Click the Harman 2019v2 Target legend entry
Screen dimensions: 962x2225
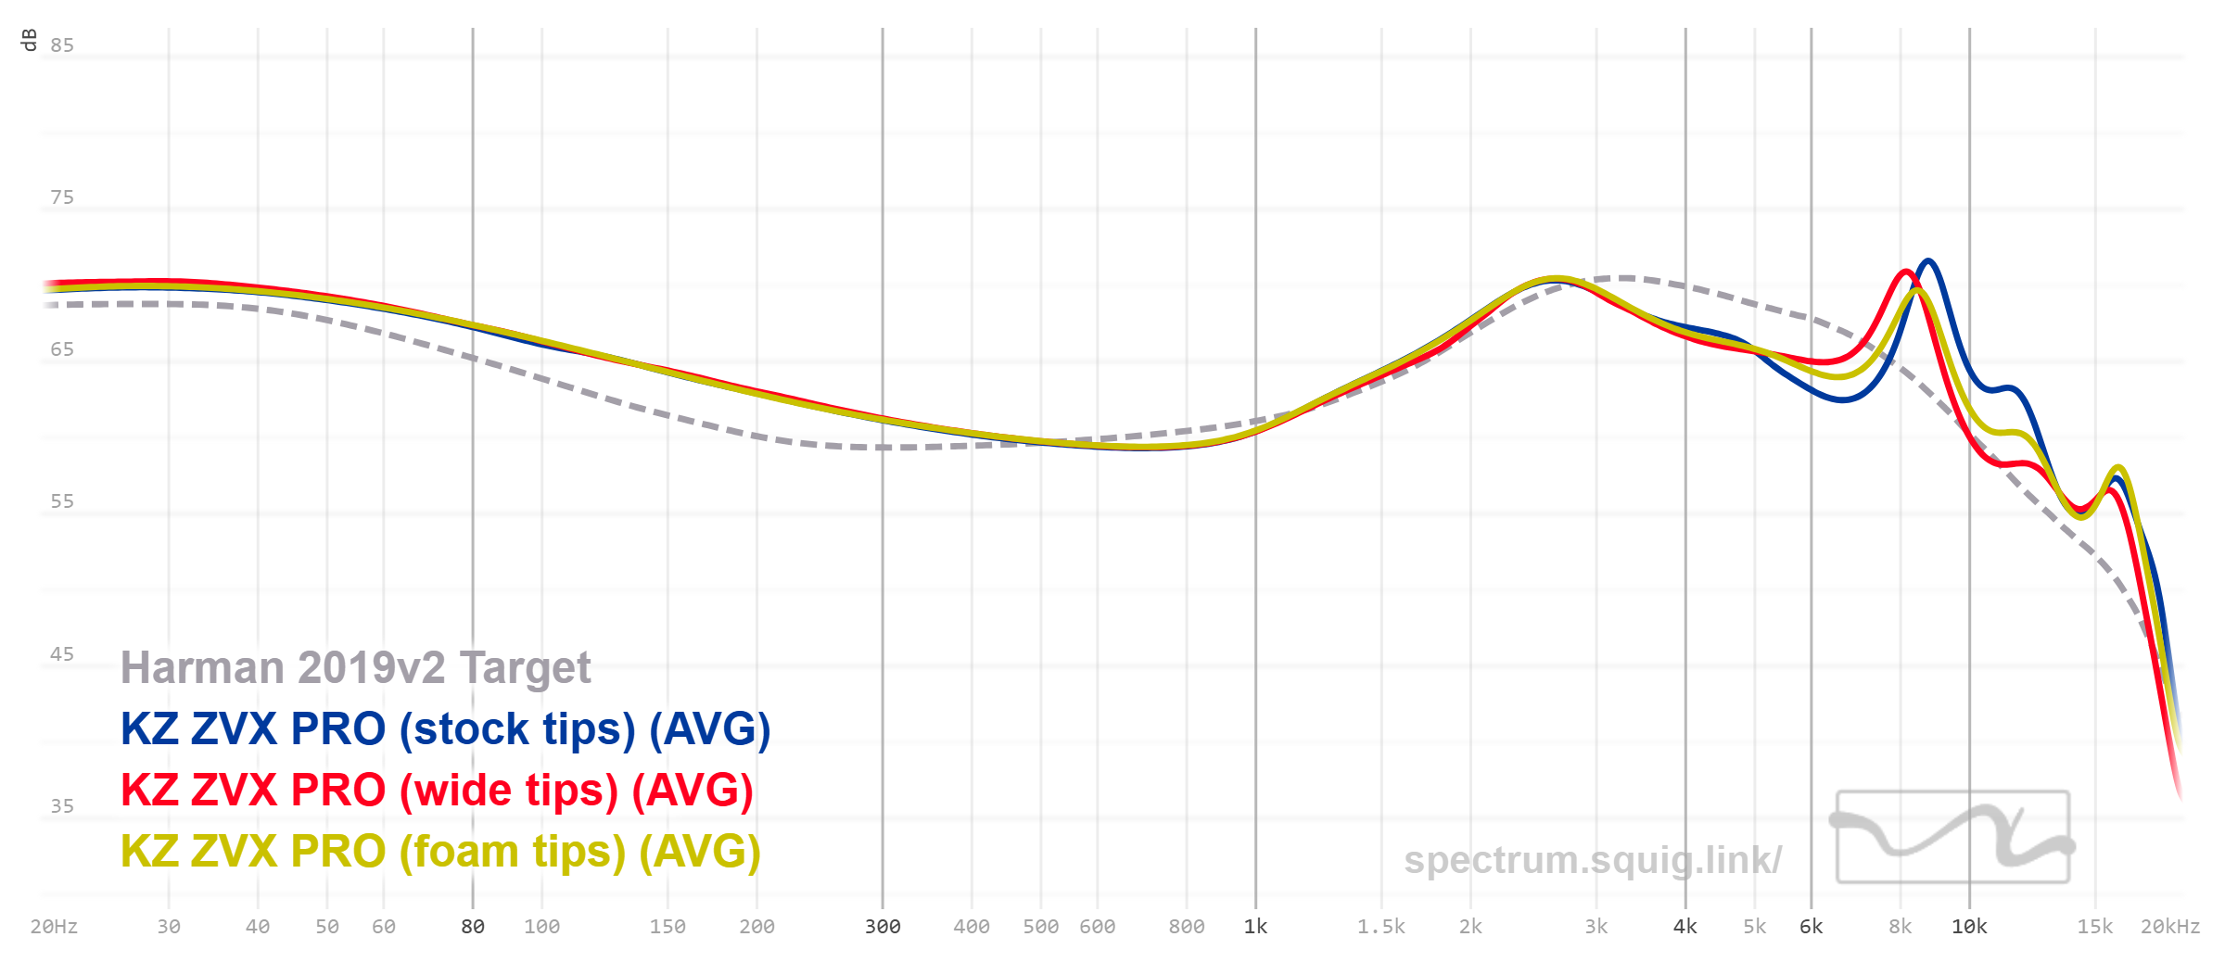pyautogui.click(x=355, y=668)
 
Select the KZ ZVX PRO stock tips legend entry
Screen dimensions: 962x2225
pyautogui.click(x=445, y=729)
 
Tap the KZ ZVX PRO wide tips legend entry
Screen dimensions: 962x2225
pyautogui.click(x=437, y=791)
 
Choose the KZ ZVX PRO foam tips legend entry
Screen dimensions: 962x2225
pyautogui.click(x=440, y=852)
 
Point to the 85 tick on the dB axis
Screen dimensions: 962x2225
pyautogui.click(x=62, y=45)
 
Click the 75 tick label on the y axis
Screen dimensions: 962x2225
pyautogui.click(x=62, y=197)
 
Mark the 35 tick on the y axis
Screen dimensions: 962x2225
pyautogui.click(x=62, y=806)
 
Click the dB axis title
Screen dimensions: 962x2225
pyautogui.click(x=29, y=40)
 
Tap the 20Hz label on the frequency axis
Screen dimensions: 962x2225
pyautogui.click(x=54, y=927)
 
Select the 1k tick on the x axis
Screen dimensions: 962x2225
pyautogui.click(x=1255, y=927)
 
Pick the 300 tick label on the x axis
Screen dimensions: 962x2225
pyautogui.click(x=883, y=927)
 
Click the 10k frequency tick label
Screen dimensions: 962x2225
pyautogui.click(x=1969, y=927)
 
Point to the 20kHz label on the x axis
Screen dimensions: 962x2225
pyautogui.click(x=2169, y=927)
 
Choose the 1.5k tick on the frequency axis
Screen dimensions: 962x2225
pyautogui.click(x=1381, y=927)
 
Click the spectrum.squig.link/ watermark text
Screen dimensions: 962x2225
pyautogui.click(x=1592, y=860)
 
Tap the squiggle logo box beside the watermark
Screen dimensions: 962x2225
pyautogui.click(x=1952, y=837)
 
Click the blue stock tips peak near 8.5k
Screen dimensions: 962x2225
pyautogui.click(x=1928, y=261)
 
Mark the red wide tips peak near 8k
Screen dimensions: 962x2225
pyautogui.click(x=1905, y=272)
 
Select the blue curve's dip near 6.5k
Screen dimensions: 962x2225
pyautogui.click(x=1842, y=400)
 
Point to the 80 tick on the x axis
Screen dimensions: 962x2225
pyautogui.click(x=473, y=927)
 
